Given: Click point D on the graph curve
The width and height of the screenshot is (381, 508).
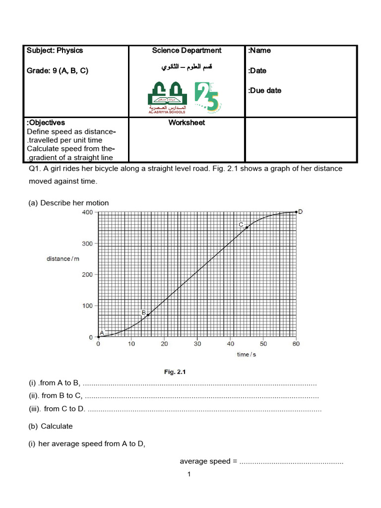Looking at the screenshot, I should coord(296,212).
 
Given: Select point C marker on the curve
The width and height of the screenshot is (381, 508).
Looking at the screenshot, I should coord(247,227).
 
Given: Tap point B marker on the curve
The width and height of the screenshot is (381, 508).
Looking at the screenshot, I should coord(148,315).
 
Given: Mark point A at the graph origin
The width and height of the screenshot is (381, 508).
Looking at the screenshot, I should coord(98,337).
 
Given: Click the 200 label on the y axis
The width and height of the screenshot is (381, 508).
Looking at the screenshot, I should coord(86,274).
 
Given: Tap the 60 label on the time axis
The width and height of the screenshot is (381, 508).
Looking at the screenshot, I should coord(296,344).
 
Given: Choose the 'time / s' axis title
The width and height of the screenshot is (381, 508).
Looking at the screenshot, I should coord(246,354).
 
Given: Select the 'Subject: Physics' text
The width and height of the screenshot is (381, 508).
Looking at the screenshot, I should coord(55,50).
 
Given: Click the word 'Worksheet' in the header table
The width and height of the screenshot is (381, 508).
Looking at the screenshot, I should coord(187,123).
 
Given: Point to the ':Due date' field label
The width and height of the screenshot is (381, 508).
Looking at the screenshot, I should coord(264,90).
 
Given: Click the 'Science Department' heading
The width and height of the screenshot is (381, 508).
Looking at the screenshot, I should coord(187,50).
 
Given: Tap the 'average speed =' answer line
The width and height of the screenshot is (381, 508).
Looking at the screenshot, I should coord(261,461).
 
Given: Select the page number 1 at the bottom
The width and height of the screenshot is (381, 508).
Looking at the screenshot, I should coord(189,475).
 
